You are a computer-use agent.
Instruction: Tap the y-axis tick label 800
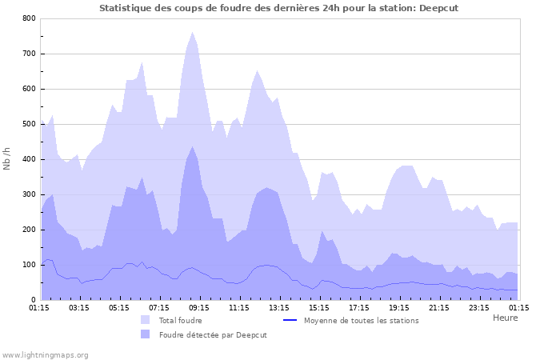pos(28,18)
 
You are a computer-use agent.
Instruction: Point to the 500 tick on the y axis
pos(28,124)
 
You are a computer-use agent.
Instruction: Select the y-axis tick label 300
pos(28,194)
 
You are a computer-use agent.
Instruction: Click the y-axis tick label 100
pos(28,265)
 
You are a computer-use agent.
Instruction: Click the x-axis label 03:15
pos(79,307)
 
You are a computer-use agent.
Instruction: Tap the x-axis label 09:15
pos(199,307)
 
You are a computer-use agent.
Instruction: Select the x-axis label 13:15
pos(279,307)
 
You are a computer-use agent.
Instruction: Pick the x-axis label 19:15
pos(399,307)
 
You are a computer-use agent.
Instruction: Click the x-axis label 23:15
pos(479,307)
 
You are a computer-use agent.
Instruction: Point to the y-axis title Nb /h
pos(8,159)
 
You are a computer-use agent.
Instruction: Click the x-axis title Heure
pos(505,318)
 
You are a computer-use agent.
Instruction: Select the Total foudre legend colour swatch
pos(145,320)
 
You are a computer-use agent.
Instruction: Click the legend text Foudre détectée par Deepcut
pos(212,334)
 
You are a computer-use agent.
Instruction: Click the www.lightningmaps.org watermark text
pos(45,354)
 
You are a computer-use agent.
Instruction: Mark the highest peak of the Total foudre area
pos(193,33)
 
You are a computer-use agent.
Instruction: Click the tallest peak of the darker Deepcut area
pos(193,146)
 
